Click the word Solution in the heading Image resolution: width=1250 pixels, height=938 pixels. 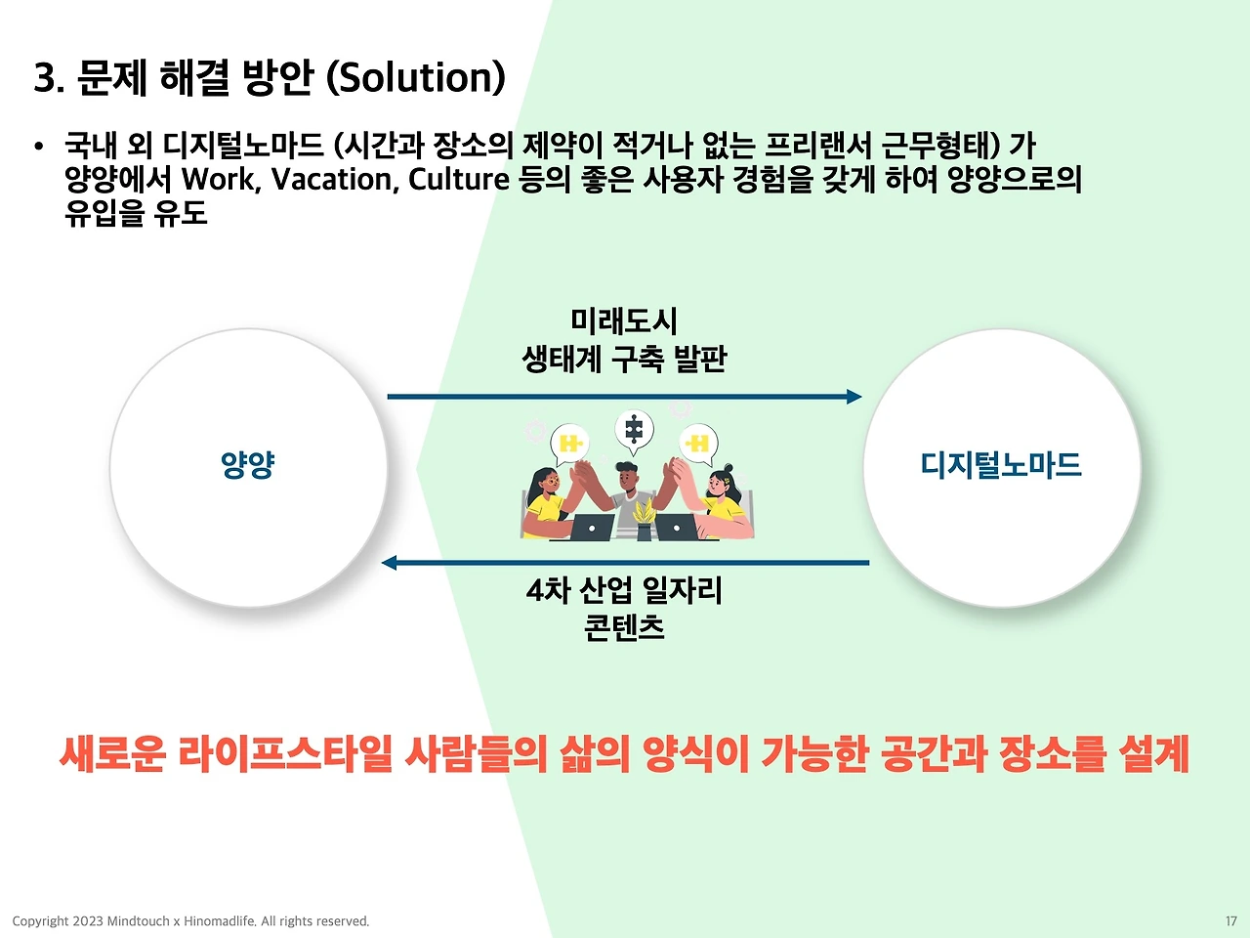[416, 77]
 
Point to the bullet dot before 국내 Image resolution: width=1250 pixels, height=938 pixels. [39, 147]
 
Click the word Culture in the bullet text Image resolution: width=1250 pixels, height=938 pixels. [458, 180]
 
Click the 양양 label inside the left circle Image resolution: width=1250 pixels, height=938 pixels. [248, 465]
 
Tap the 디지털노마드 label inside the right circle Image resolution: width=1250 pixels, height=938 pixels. [1001, 465]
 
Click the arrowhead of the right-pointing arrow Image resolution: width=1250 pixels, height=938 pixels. [854, 397]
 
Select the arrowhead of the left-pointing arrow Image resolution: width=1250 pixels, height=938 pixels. [389, 563]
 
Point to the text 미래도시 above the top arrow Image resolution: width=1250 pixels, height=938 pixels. [624, 321]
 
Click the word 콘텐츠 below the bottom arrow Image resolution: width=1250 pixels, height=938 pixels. [624, 627]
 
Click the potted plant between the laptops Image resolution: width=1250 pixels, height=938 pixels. [644, 520]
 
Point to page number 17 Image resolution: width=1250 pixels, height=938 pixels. [1231, 921]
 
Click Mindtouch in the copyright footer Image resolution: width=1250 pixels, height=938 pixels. [139, 921]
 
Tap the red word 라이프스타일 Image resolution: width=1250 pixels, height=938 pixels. [285, 754]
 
